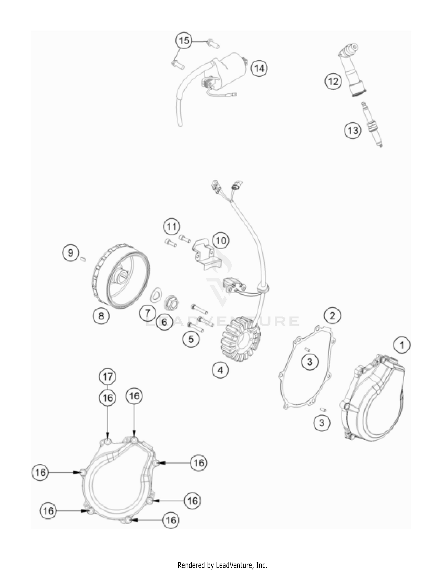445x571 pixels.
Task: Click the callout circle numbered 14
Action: tap(259, 68)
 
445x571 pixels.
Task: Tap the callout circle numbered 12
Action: tap(333, 81)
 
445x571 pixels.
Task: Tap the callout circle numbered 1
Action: tap(402, 345)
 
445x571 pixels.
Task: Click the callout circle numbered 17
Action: tap(107, 377)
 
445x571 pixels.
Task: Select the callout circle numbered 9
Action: tap(71, 253)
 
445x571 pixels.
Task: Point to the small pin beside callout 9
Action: tap(83, 259)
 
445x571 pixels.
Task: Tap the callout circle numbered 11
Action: tap(171, 227)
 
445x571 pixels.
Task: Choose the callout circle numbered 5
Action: tap(191, 339)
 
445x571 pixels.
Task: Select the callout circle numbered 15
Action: tap(184, 40)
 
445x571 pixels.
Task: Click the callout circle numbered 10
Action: tap(221, 240)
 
